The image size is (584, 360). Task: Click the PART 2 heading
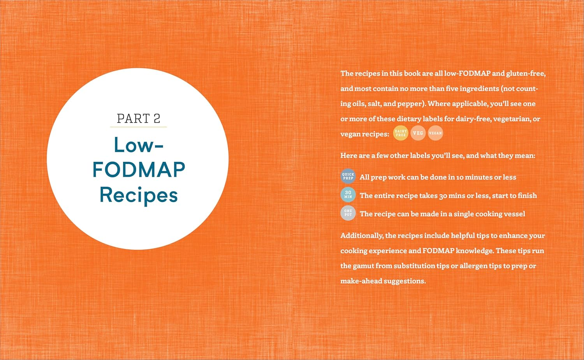(x=138, y=118)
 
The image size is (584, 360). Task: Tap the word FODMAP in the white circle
(x=139, y=170)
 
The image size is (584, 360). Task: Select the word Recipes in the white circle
(x=139, y=195)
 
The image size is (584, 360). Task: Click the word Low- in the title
(x=139, y=145)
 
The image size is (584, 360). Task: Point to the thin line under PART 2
(x=138, y=127)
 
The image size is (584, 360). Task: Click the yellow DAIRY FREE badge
(x=401, y=133)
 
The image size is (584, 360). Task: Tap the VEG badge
(x=418, y=133)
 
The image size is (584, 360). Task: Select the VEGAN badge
(x=435, y=133)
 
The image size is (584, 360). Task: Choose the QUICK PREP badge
(x=348, y=176)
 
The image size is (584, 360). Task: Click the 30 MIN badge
(x=348, y=195)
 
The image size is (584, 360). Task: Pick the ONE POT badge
(x=348, y=213)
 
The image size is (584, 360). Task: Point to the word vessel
(x=514, y=214)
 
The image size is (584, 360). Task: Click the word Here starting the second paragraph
(x=348, y=156)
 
